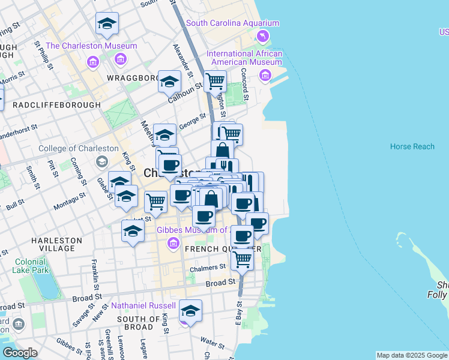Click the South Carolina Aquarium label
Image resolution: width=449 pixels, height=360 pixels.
click(232, 23)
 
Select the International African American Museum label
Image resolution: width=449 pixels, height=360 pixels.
click(244, 58)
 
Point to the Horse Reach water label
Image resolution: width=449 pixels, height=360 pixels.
click(412, 146)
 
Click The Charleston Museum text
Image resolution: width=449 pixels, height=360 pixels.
click(91, 46)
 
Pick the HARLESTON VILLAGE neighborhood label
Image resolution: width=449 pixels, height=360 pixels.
click(56, 244)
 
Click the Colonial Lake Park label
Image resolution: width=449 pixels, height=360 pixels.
click(30, 266)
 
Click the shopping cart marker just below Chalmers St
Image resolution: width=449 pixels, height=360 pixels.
click(242, 260)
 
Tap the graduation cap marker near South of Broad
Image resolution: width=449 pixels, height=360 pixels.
click(190, 311)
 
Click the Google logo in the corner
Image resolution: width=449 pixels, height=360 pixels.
click(20, 352)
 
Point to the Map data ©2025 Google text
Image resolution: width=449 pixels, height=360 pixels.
click(411, 355)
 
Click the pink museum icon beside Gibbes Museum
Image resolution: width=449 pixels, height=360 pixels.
click(173, 243)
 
